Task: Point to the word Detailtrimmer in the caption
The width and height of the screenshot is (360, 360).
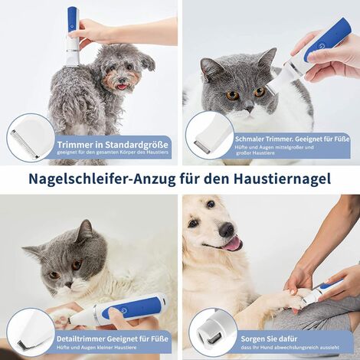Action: click(80, 339)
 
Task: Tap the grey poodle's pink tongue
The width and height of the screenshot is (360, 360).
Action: click(122, 87)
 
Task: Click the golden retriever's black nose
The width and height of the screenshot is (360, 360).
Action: click(227, 229)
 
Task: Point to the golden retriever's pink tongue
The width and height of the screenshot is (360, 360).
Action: click(233, 244)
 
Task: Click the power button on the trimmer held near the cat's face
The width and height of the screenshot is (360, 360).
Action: click(321, 46)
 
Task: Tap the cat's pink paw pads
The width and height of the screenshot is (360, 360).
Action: click(61, 321)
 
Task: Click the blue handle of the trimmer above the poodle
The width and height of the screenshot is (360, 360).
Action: click(73, 20)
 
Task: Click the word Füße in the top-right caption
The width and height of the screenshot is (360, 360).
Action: click(341, 139)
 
